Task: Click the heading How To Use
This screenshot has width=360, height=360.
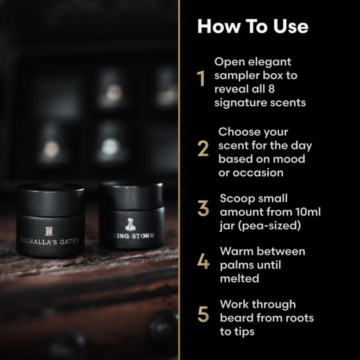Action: [x=252, y=26]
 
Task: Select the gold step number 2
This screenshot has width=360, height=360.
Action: [x=203, y=148]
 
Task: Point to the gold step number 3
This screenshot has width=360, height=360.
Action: [x=203, y=209]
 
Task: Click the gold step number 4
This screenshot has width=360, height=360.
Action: [x=203, y=261]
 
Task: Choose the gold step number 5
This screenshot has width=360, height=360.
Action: [x=203, y=314]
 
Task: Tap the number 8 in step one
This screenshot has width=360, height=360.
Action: [x=287, y=89]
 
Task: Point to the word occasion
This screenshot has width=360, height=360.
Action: [x=258, y=172]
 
